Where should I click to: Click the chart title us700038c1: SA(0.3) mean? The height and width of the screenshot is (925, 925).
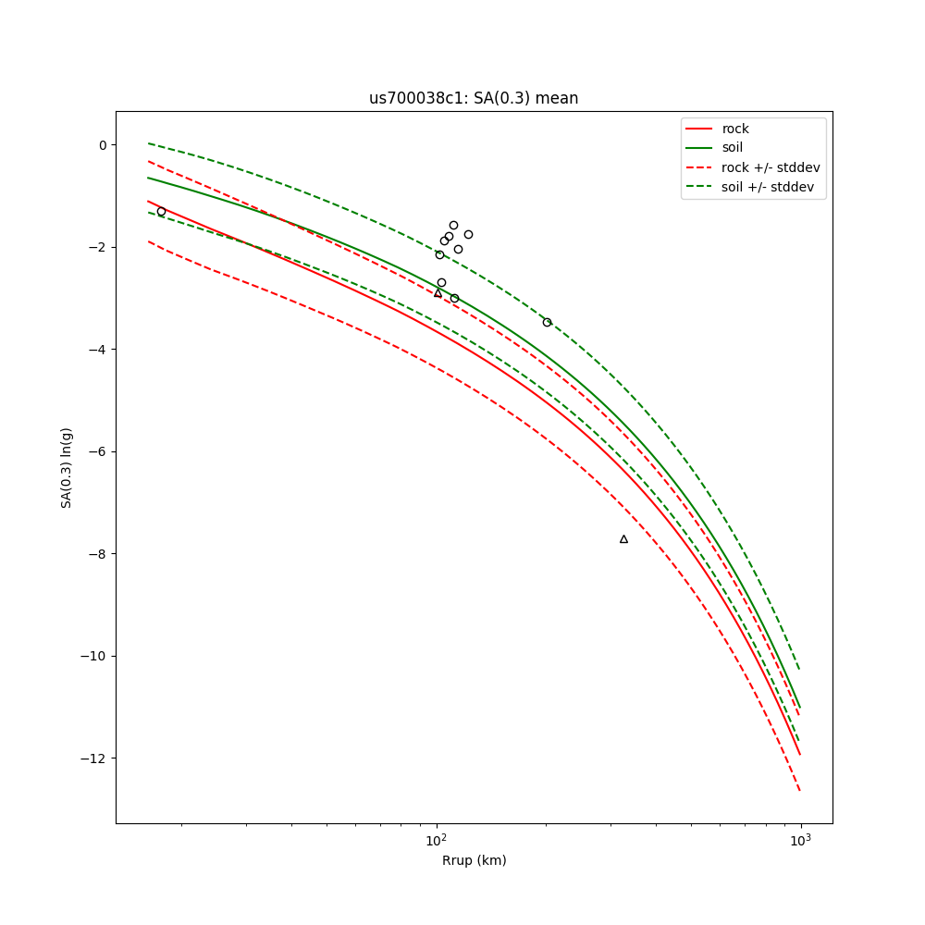(474, 98)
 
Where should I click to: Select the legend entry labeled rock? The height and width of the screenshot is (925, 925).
(735, 129)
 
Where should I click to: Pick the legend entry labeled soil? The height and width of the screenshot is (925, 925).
(733, 148)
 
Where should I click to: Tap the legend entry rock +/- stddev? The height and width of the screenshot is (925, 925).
(771, 167)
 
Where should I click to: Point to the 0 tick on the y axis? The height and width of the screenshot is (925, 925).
(103, 144)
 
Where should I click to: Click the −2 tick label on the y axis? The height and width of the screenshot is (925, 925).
(98, 247)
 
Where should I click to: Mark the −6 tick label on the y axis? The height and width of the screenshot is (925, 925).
(98, 451)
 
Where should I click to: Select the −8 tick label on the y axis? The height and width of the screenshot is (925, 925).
(98, 554)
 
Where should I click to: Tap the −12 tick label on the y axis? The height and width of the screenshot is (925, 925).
(94, 758)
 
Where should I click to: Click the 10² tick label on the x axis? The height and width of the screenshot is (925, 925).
(436, 838)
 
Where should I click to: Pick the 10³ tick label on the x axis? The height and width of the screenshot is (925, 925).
(800, 838)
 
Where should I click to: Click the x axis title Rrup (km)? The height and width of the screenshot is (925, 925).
(474, 860)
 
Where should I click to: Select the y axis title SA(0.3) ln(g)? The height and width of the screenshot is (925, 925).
(67, 467)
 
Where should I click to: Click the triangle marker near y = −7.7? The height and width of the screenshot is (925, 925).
(623, 539)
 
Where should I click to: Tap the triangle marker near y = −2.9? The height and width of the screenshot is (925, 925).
(438, 293)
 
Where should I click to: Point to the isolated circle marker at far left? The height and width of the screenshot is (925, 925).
(161, 212)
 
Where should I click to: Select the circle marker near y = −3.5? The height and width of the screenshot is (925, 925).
(547, 322)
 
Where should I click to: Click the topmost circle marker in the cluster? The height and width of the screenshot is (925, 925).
(453, 225)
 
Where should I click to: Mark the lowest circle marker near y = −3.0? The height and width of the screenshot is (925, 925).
(454, 298)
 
